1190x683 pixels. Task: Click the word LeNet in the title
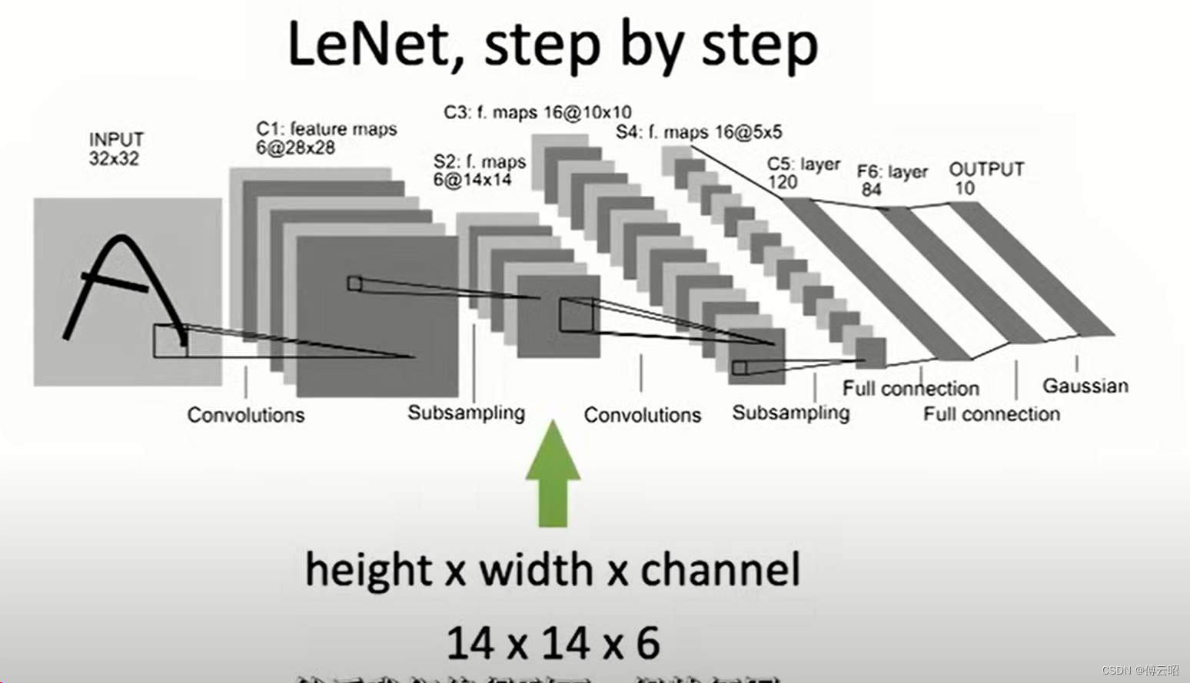pyautogui.click(x=368, y=45)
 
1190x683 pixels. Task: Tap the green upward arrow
pyautogui.click(x=553, y=476)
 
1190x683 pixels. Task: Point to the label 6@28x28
pyautogui.click(x=296, y=148)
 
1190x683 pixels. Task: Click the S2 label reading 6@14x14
pyautogui.click(x=472, y=180)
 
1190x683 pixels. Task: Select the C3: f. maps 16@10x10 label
pyautogui.click(x=537, y=112)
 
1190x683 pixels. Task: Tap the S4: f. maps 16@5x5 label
pyautogui.click(x=699, y=132)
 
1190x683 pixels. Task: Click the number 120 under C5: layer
pyautogui.click(x=783, y=182)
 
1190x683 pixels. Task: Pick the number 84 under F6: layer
pyautogui.click(x=871, y=189)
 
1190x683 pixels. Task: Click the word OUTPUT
pyautogui.click(x=986, y=169)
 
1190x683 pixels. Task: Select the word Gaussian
pyautogui.click(x=1085, y=386)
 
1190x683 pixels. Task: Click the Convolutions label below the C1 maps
pyautogui.click(x=246, y=415)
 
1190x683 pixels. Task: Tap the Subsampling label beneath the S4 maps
pyautogui.click(x=790, y=413)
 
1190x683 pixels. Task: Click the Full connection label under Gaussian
pyautogui.click(x=991, y=414)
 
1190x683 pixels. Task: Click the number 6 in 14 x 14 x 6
pyautogui.click(x=648, y=643)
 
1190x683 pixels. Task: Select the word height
pyautogui.click(x=368, y=570)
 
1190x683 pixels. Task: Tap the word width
pyautogui.click(x=536, y=570)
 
